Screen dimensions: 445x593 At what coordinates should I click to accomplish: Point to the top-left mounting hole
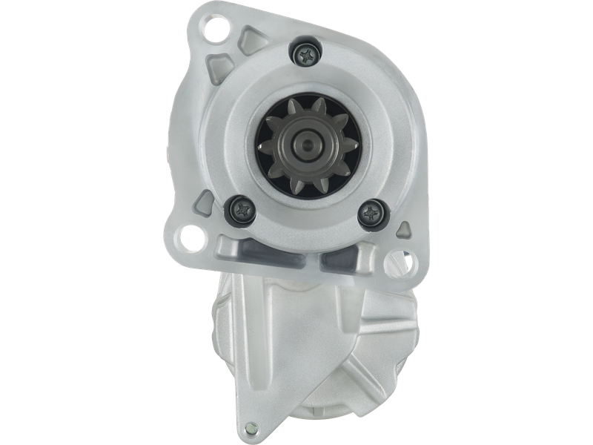(x=217, y=30)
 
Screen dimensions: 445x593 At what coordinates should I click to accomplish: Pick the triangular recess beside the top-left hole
(x=254, y=35)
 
